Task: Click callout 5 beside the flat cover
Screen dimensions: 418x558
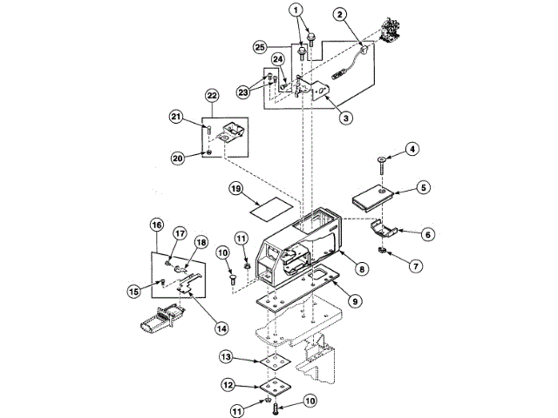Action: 423,186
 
